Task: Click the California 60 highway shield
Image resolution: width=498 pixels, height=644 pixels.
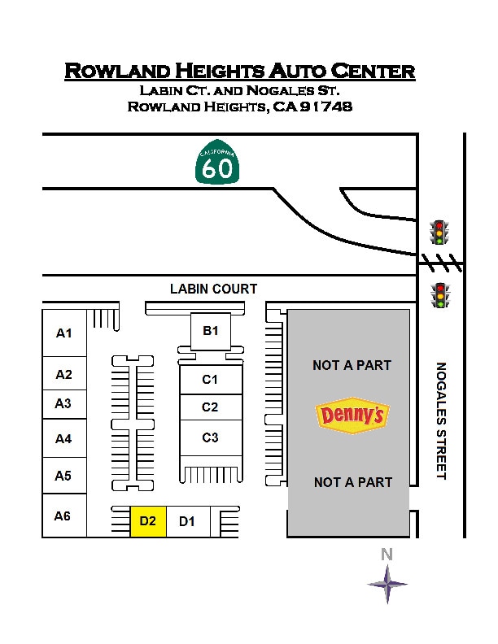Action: [218, 164]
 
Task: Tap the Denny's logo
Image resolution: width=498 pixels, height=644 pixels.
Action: [352, 416]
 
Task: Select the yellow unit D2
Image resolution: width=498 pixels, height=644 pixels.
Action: [148, 521]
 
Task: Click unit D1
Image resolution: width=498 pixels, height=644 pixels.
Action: [187, 521]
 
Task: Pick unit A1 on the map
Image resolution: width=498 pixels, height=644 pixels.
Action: [64, 333]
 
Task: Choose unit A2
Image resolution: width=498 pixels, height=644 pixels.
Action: [64, 374]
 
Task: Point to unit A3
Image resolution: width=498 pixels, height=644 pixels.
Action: [63, 403]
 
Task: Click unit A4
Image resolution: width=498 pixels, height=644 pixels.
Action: [63, 438]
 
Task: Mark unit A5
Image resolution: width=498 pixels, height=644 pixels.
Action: [63, 476]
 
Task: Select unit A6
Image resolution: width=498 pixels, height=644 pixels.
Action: [63, 516]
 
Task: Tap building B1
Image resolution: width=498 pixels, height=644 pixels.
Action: [211, 331]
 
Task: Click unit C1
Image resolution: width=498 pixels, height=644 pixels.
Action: [211, 379]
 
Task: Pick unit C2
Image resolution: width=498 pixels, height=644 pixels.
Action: [211, 407]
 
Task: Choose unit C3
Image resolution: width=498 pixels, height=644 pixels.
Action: [211, 437]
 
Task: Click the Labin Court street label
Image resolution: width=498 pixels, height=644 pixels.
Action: [213, 289]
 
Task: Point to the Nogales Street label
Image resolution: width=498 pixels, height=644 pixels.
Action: [441, 420]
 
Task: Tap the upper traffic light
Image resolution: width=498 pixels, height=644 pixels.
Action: [440, 233]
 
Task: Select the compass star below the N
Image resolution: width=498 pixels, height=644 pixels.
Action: [387, 583]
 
